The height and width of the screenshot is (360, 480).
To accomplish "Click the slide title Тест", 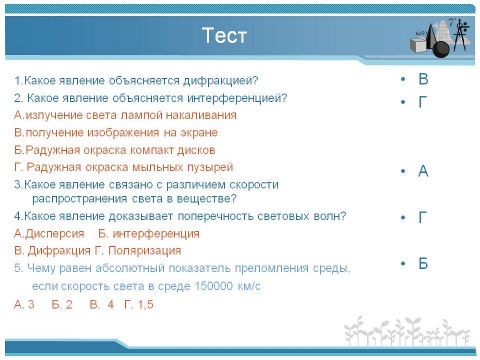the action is [224, 35].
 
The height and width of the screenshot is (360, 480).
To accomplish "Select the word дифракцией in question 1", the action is [221, 81].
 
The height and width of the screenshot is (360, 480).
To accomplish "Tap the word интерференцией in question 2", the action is [237, 98].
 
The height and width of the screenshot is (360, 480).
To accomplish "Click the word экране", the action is [199, 133].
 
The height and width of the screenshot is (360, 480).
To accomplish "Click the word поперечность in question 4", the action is [216, 216].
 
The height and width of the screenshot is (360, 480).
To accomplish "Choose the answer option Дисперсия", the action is [55, 234].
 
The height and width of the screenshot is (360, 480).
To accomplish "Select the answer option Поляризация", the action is [144, 251].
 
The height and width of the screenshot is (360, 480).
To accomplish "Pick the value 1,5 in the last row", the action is [145, 305].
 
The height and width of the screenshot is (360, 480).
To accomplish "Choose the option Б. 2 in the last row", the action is [62, 305].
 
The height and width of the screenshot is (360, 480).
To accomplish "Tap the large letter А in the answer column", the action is [423, 171].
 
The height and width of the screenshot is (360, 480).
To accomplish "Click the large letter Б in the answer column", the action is [423, 263].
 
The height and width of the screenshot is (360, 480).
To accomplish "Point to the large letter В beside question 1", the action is [423, 79].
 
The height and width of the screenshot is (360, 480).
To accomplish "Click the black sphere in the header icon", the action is [441, 49].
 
